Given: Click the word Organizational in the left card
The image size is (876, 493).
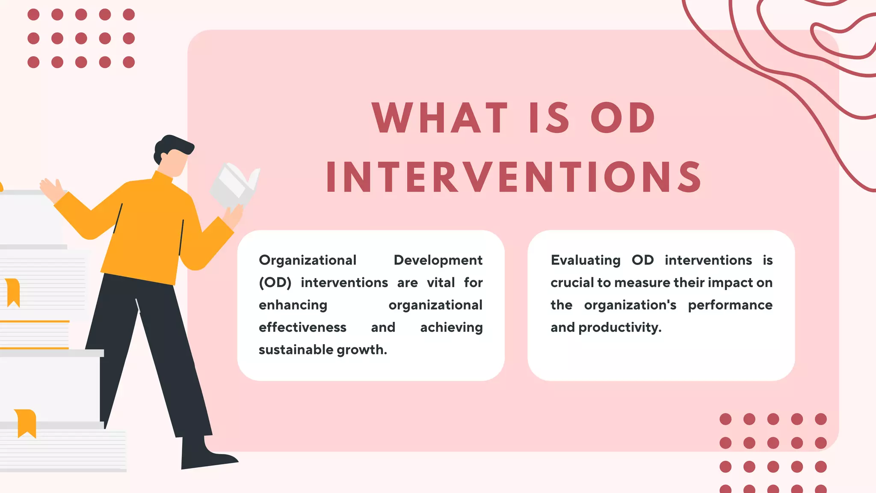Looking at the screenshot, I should click(x=307, y=260).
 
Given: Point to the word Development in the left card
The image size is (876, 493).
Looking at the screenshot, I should click(x=438, y=260).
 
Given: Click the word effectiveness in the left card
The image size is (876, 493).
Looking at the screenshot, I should click(x=302, y=327).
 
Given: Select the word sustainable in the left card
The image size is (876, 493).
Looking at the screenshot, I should click(x=296, y=350).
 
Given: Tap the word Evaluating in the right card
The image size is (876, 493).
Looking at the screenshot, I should click(x=585, y=260).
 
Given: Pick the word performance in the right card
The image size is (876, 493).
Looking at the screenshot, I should click(x=730, y=305).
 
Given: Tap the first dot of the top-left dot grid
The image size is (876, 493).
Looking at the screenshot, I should click(x=33, y=15).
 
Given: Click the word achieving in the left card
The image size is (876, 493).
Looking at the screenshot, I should click(x=451, y=327).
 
